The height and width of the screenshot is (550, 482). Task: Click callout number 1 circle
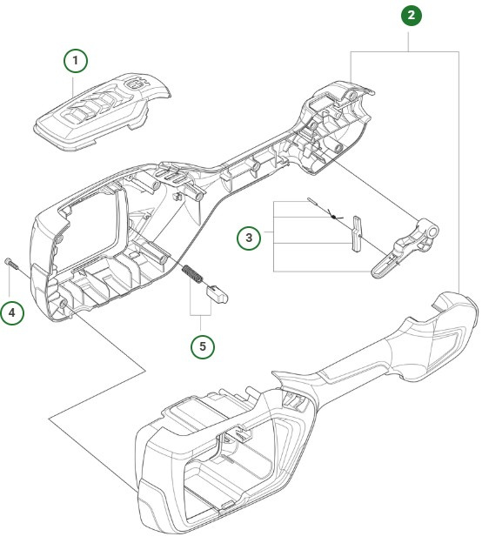76,60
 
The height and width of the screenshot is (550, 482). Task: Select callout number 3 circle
250,237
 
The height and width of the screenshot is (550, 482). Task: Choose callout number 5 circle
204,345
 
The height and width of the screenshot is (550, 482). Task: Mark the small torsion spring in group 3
335,215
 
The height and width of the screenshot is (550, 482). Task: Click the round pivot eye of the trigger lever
427,233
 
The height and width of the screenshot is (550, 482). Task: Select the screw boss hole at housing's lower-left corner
64,302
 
